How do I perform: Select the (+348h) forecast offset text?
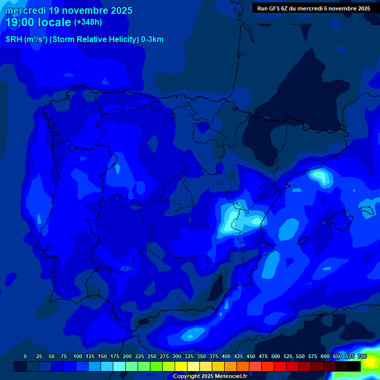88,22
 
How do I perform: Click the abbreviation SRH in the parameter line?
13,40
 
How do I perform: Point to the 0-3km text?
152,40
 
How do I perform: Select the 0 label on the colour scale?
25,356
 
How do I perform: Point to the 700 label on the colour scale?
362,356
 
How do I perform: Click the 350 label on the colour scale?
201,356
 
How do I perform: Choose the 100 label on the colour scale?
78,356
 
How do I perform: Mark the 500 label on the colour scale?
276,356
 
